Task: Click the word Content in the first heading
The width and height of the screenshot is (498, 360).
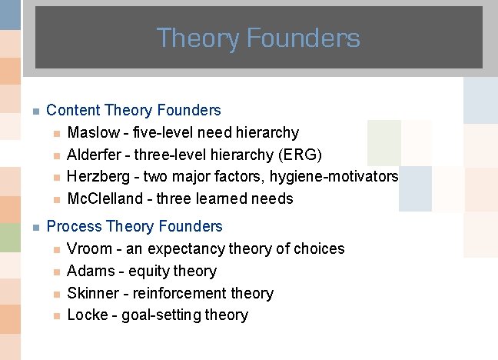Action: click(73, 111)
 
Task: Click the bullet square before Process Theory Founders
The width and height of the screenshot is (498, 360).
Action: click(35, 227)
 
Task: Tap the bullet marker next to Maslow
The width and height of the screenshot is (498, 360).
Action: click(55, 134)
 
